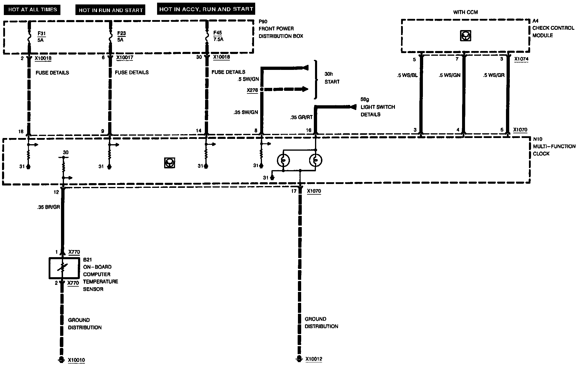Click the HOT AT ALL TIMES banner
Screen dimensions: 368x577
coord(32,10)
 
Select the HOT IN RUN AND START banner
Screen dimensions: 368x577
coord(111,10)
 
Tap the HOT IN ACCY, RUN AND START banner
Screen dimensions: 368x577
coord(206,9)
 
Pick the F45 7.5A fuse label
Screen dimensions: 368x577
coord(218,36)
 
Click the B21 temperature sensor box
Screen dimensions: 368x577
coord(64,268)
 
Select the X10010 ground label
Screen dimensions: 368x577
coord(76,360)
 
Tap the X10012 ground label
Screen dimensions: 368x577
coord(314,359)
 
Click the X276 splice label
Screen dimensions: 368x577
coord(252,90)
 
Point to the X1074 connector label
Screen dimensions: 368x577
coord(521,59)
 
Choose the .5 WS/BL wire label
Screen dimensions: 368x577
coord(407,75)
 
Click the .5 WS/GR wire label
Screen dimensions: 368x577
coord(494,75)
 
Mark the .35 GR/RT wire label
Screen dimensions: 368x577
coord(301,117)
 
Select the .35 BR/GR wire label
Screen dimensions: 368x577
coord(49,207)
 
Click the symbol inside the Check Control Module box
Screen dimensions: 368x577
coord(465,36)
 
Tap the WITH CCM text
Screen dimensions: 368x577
coord(465,12)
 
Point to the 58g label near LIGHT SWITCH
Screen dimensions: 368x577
coord(365,100)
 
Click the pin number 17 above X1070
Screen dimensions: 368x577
coord(294,191)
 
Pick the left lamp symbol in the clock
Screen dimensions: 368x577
coord(283,161)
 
